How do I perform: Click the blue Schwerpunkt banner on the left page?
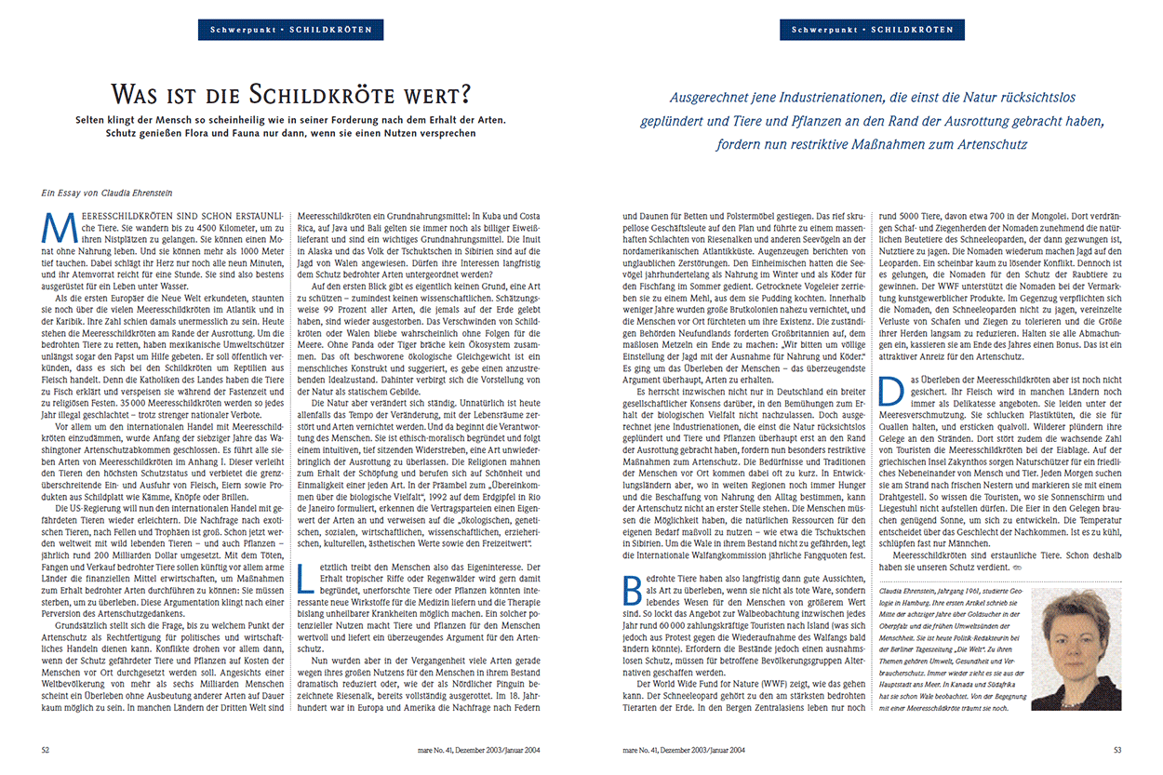(290, 30)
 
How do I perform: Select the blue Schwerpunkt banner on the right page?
(872, 30)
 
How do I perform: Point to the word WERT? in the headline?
(436, 94)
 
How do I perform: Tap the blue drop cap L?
(301, 576)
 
